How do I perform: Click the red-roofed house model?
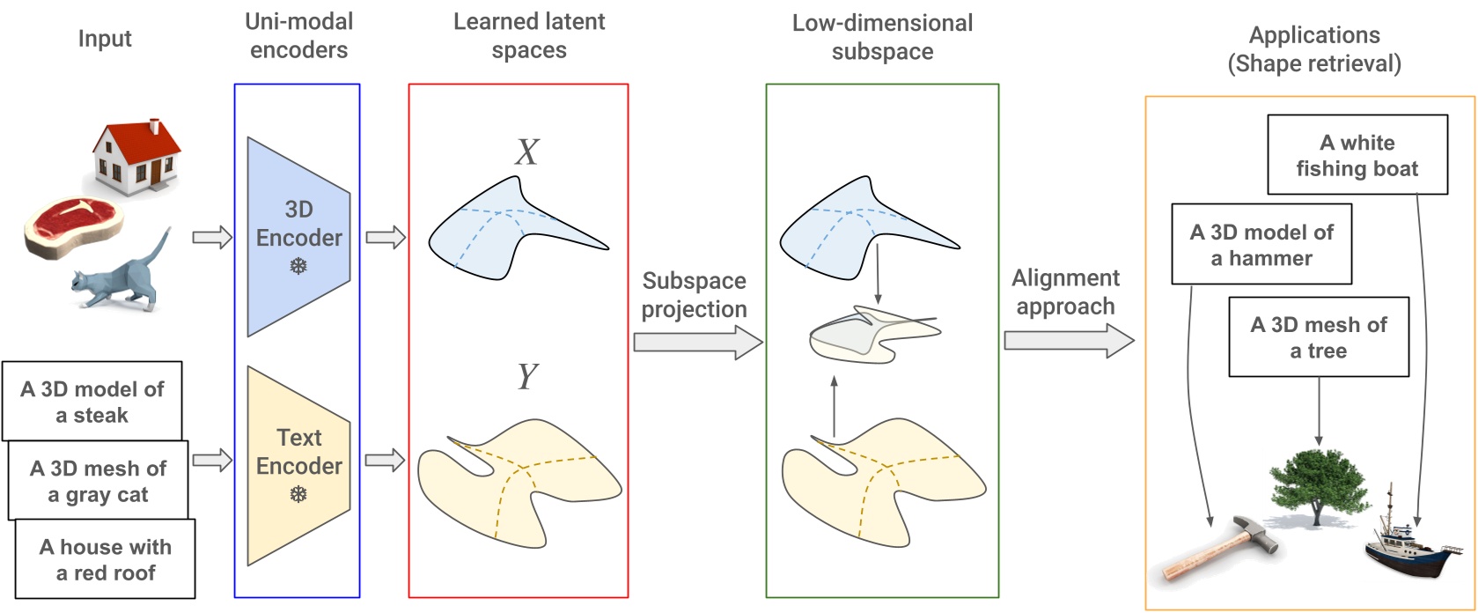(137, 157)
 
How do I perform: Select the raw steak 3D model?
(72, 225)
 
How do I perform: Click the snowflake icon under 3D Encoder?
(298, 265)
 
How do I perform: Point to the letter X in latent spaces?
(526, 152)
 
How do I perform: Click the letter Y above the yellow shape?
(526, 377)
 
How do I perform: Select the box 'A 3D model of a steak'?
(92, 402)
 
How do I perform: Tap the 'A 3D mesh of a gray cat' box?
(99, 481)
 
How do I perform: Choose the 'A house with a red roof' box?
(106, 559)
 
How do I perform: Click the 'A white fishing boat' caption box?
(1357, 155)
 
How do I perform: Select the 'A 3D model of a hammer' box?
(1261, 244)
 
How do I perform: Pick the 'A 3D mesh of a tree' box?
(1318, 336)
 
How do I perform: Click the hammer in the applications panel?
(1220, 548)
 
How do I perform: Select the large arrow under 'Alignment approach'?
(1068, 340)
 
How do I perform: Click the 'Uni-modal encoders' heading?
(298, 35)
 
